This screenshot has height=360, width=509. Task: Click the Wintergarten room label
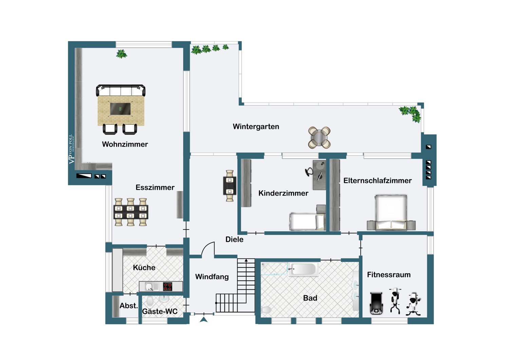tap(256, 127)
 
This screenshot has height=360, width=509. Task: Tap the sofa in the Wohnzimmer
tap(121, 90)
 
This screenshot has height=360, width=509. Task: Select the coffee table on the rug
tap(120, 109)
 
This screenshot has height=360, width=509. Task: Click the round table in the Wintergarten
tap(319, 137)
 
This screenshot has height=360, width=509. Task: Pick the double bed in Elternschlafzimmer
tap(391, 212)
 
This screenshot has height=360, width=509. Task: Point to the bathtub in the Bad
tap(303, 270)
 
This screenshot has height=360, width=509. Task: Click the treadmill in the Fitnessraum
tap(376, 303)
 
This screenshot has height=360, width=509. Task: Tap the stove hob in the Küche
tap(168, 287)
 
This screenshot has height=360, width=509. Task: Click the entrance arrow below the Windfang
tap(204, 319)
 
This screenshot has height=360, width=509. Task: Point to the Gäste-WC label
tap(159, 311)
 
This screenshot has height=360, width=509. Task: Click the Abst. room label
tap(129, 306)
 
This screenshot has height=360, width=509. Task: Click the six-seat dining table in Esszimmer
tap(131, 212)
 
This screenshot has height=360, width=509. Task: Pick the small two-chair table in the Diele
tap(230, 186)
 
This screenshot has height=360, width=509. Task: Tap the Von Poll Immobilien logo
tap(71, 149)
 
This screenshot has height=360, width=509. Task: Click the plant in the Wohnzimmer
tap(121, 54)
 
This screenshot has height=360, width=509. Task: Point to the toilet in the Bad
tap(267, 309)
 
